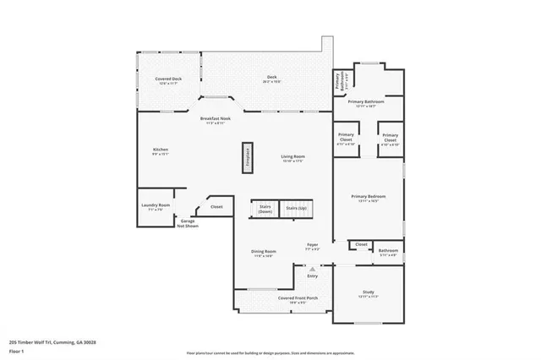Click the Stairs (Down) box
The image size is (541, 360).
point(265,209)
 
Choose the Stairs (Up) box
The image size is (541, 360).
point(296,208)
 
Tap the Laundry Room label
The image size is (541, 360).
point(156,207)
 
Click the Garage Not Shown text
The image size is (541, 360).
point(187,224)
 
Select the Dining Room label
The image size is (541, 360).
point(264,253)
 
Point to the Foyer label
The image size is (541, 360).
point(312,247)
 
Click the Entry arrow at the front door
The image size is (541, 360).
point(312,270)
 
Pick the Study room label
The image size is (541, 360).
point(368,296)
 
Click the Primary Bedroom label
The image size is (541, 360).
point(368,200)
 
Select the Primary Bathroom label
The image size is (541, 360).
point(368,103)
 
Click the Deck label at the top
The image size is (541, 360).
point(272,79)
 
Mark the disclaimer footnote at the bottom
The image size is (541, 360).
point(270,352)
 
